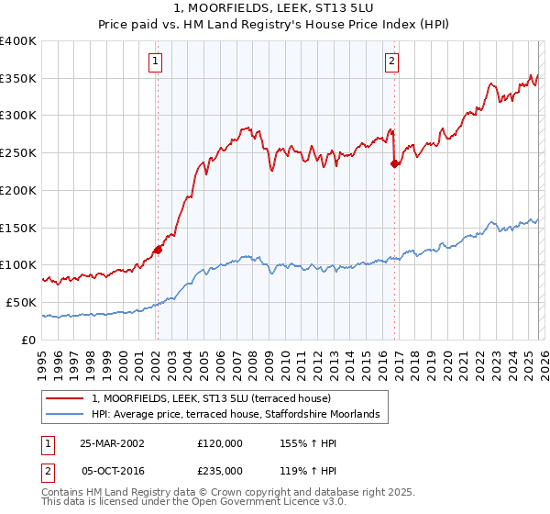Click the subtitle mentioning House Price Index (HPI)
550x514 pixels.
click(x=274, y=26)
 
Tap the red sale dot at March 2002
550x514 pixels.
click(x=158, y=249)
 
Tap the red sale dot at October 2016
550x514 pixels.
click(x=394, y=163)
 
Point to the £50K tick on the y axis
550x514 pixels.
click(x=21, y=302)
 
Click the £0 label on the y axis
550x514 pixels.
click(x=27, y=340)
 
